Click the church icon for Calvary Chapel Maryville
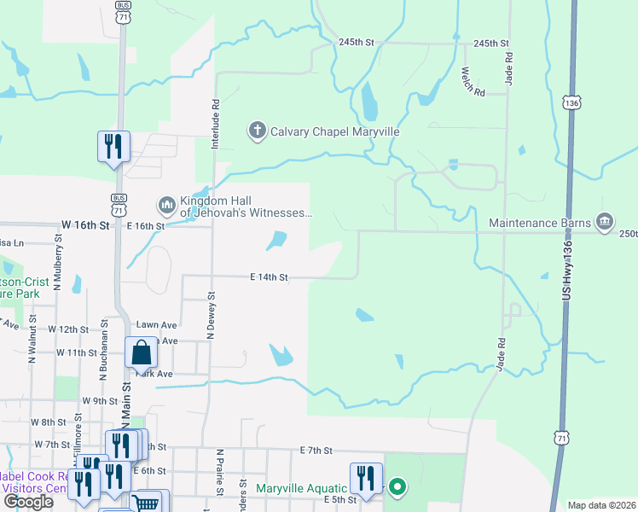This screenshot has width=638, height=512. [x=257, y=131]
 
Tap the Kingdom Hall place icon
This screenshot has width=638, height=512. [x=165, y=206]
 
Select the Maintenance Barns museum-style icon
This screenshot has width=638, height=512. [x=605, y=223]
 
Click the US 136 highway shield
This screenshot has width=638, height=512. [x=571, y=102]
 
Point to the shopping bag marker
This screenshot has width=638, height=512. [x=141, y=352]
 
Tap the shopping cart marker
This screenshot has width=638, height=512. [x=147, y=503]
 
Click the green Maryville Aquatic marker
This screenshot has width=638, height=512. [x=397, y=488]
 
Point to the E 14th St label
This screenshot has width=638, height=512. [x=270, y=277]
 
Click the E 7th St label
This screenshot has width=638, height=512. [x=315, y=450]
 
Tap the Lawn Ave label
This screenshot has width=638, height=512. [x=157, y=325]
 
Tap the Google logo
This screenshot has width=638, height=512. [x=29, y=502]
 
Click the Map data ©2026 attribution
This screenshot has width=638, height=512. [x=600, y=505]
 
